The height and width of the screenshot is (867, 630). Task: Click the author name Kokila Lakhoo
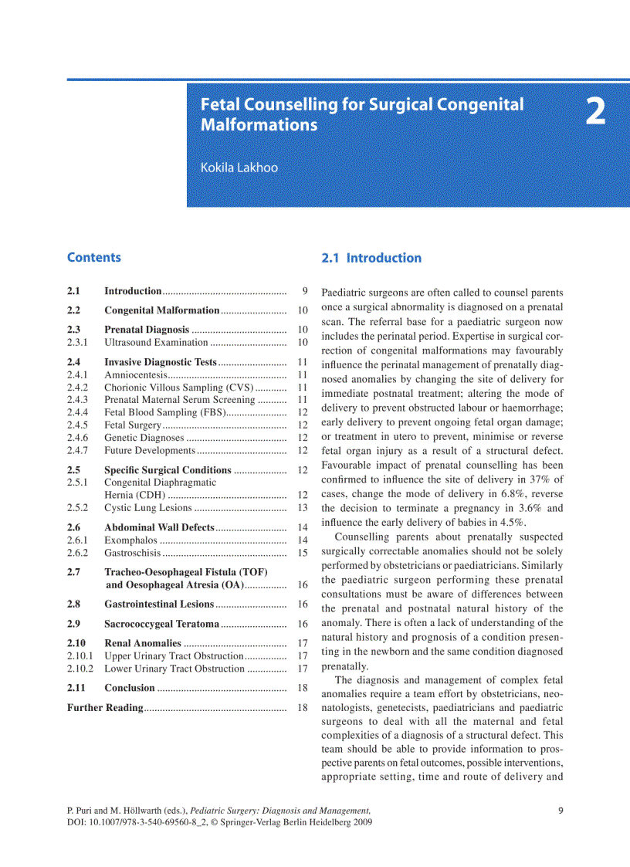(239, 167)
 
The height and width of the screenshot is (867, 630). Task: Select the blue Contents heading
(93, 258)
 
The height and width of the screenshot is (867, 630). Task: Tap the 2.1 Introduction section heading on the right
(371, 258)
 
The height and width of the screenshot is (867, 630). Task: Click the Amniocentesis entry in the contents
(134, 374)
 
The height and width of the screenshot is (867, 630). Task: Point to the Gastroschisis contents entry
(132, 553)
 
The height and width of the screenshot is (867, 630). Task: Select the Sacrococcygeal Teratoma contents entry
(161, 624)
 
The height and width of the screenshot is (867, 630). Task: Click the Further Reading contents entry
(104, 707)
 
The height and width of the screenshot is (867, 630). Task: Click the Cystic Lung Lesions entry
(148, 508)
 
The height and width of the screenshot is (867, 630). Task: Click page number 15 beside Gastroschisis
(303, 553)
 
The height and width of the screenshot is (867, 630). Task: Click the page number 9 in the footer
(560, 811)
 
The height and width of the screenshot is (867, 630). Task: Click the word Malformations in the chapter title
(259, 124)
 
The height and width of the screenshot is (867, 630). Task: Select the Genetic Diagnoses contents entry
(144, 438)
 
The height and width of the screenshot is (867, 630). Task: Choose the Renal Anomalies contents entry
(143, 643)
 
